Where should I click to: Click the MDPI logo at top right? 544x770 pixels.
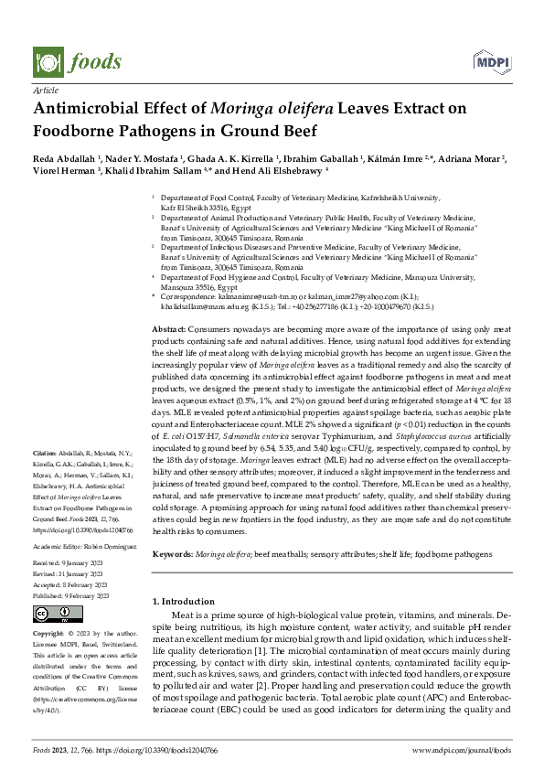pos(492,62)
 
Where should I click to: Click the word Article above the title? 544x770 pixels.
pos(45,91)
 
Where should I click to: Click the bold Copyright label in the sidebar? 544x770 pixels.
pos(49,633)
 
